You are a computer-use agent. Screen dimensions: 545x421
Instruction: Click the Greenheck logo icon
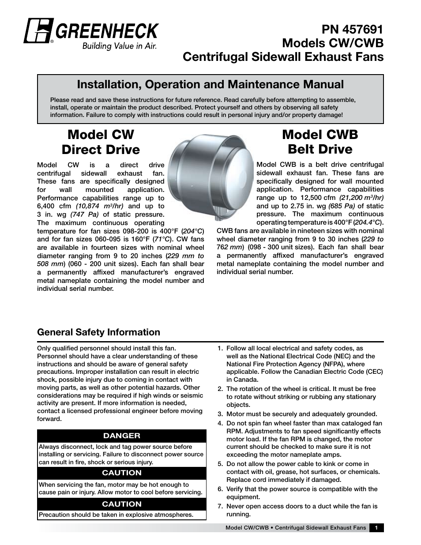tap(38, 31)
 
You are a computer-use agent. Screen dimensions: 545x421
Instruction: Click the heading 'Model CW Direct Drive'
tap(101, 142)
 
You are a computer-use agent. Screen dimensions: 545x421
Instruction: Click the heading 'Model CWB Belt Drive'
tap(320, 142)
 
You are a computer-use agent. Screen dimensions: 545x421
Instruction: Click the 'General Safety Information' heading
tap(98, 332)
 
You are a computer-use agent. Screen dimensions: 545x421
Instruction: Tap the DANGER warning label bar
tap(122, 436)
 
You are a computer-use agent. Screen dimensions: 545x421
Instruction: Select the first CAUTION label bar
tap(122, 473)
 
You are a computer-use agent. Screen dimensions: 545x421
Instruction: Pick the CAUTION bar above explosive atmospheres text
tap(122, 504)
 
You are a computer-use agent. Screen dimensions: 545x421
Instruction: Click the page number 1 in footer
tap(376, 528)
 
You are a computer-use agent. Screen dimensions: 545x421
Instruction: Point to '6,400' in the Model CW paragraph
tap(48, 206)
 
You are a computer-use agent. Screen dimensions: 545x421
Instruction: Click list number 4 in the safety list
tap(220, 423)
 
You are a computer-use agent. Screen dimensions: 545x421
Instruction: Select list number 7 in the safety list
tap(220, 506)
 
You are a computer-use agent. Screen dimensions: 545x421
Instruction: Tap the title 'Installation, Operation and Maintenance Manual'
tap(210, 84)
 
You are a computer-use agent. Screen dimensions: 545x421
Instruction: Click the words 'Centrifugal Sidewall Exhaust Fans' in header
tap(283, 57)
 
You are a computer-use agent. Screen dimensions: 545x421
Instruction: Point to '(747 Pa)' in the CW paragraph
tap(86, 214)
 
